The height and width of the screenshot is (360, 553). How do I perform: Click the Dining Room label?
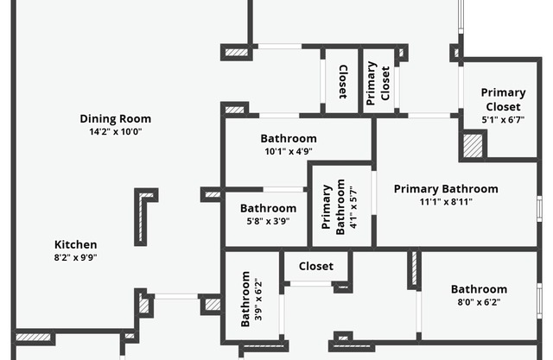[115, 119]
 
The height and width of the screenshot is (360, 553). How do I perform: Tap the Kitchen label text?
[76, 244]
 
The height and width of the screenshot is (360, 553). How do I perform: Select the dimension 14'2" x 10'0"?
[115, 132]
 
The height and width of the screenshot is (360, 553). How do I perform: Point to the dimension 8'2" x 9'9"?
[76, 257]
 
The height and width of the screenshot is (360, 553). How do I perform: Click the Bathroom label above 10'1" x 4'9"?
[289, 138]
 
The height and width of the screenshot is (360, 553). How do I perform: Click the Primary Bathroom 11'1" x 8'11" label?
[446, 189]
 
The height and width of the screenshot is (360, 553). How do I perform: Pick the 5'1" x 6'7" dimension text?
[503, 120]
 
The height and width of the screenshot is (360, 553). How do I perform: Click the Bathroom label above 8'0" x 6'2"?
[479, 289]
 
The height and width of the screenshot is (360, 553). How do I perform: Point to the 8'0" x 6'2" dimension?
[479, 302]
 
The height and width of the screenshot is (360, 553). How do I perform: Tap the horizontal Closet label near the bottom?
[315, 266]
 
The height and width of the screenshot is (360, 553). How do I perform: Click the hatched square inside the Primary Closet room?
[473, 145]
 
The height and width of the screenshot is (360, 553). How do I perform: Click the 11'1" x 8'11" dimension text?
[446, 202]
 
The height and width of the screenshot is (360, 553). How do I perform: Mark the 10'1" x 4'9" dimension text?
[289, 151]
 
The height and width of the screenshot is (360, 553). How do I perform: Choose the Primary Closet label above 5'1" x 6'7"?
[503, 99]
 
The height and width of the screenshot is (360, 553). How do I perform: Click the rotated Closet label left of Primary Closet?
[342, 82]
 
